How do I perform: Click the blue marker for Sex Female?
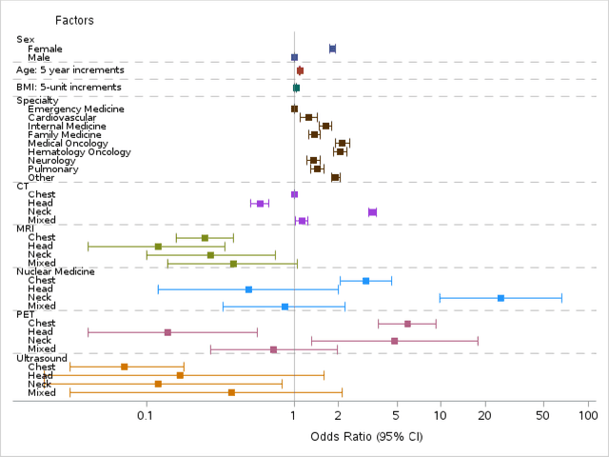332,49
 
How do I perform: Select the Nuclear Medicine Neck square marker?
501,298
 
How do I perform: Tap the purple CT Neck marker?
372,212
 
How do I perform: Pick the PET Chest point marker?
407,324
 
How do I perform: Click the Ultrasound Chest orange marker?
124,367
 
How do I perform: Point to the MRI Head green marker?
158,247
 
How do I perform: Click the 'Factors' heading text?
74,20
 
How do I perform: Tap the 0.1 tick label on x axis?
147,416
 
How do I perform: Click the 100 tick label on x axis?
587,416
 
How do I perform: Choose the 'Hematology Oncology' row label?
79,152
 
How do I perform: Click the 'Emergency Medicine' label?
76,109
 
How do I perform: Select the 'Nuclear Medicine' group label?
55,271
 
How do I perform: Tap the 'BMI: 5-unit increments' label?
69,87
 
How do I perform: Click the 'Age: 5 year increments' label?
69,70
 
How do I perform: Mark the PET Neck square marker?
394,341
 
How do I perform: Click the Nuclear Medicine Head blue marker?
248,289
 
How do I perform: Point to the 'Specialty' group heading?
37,100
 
